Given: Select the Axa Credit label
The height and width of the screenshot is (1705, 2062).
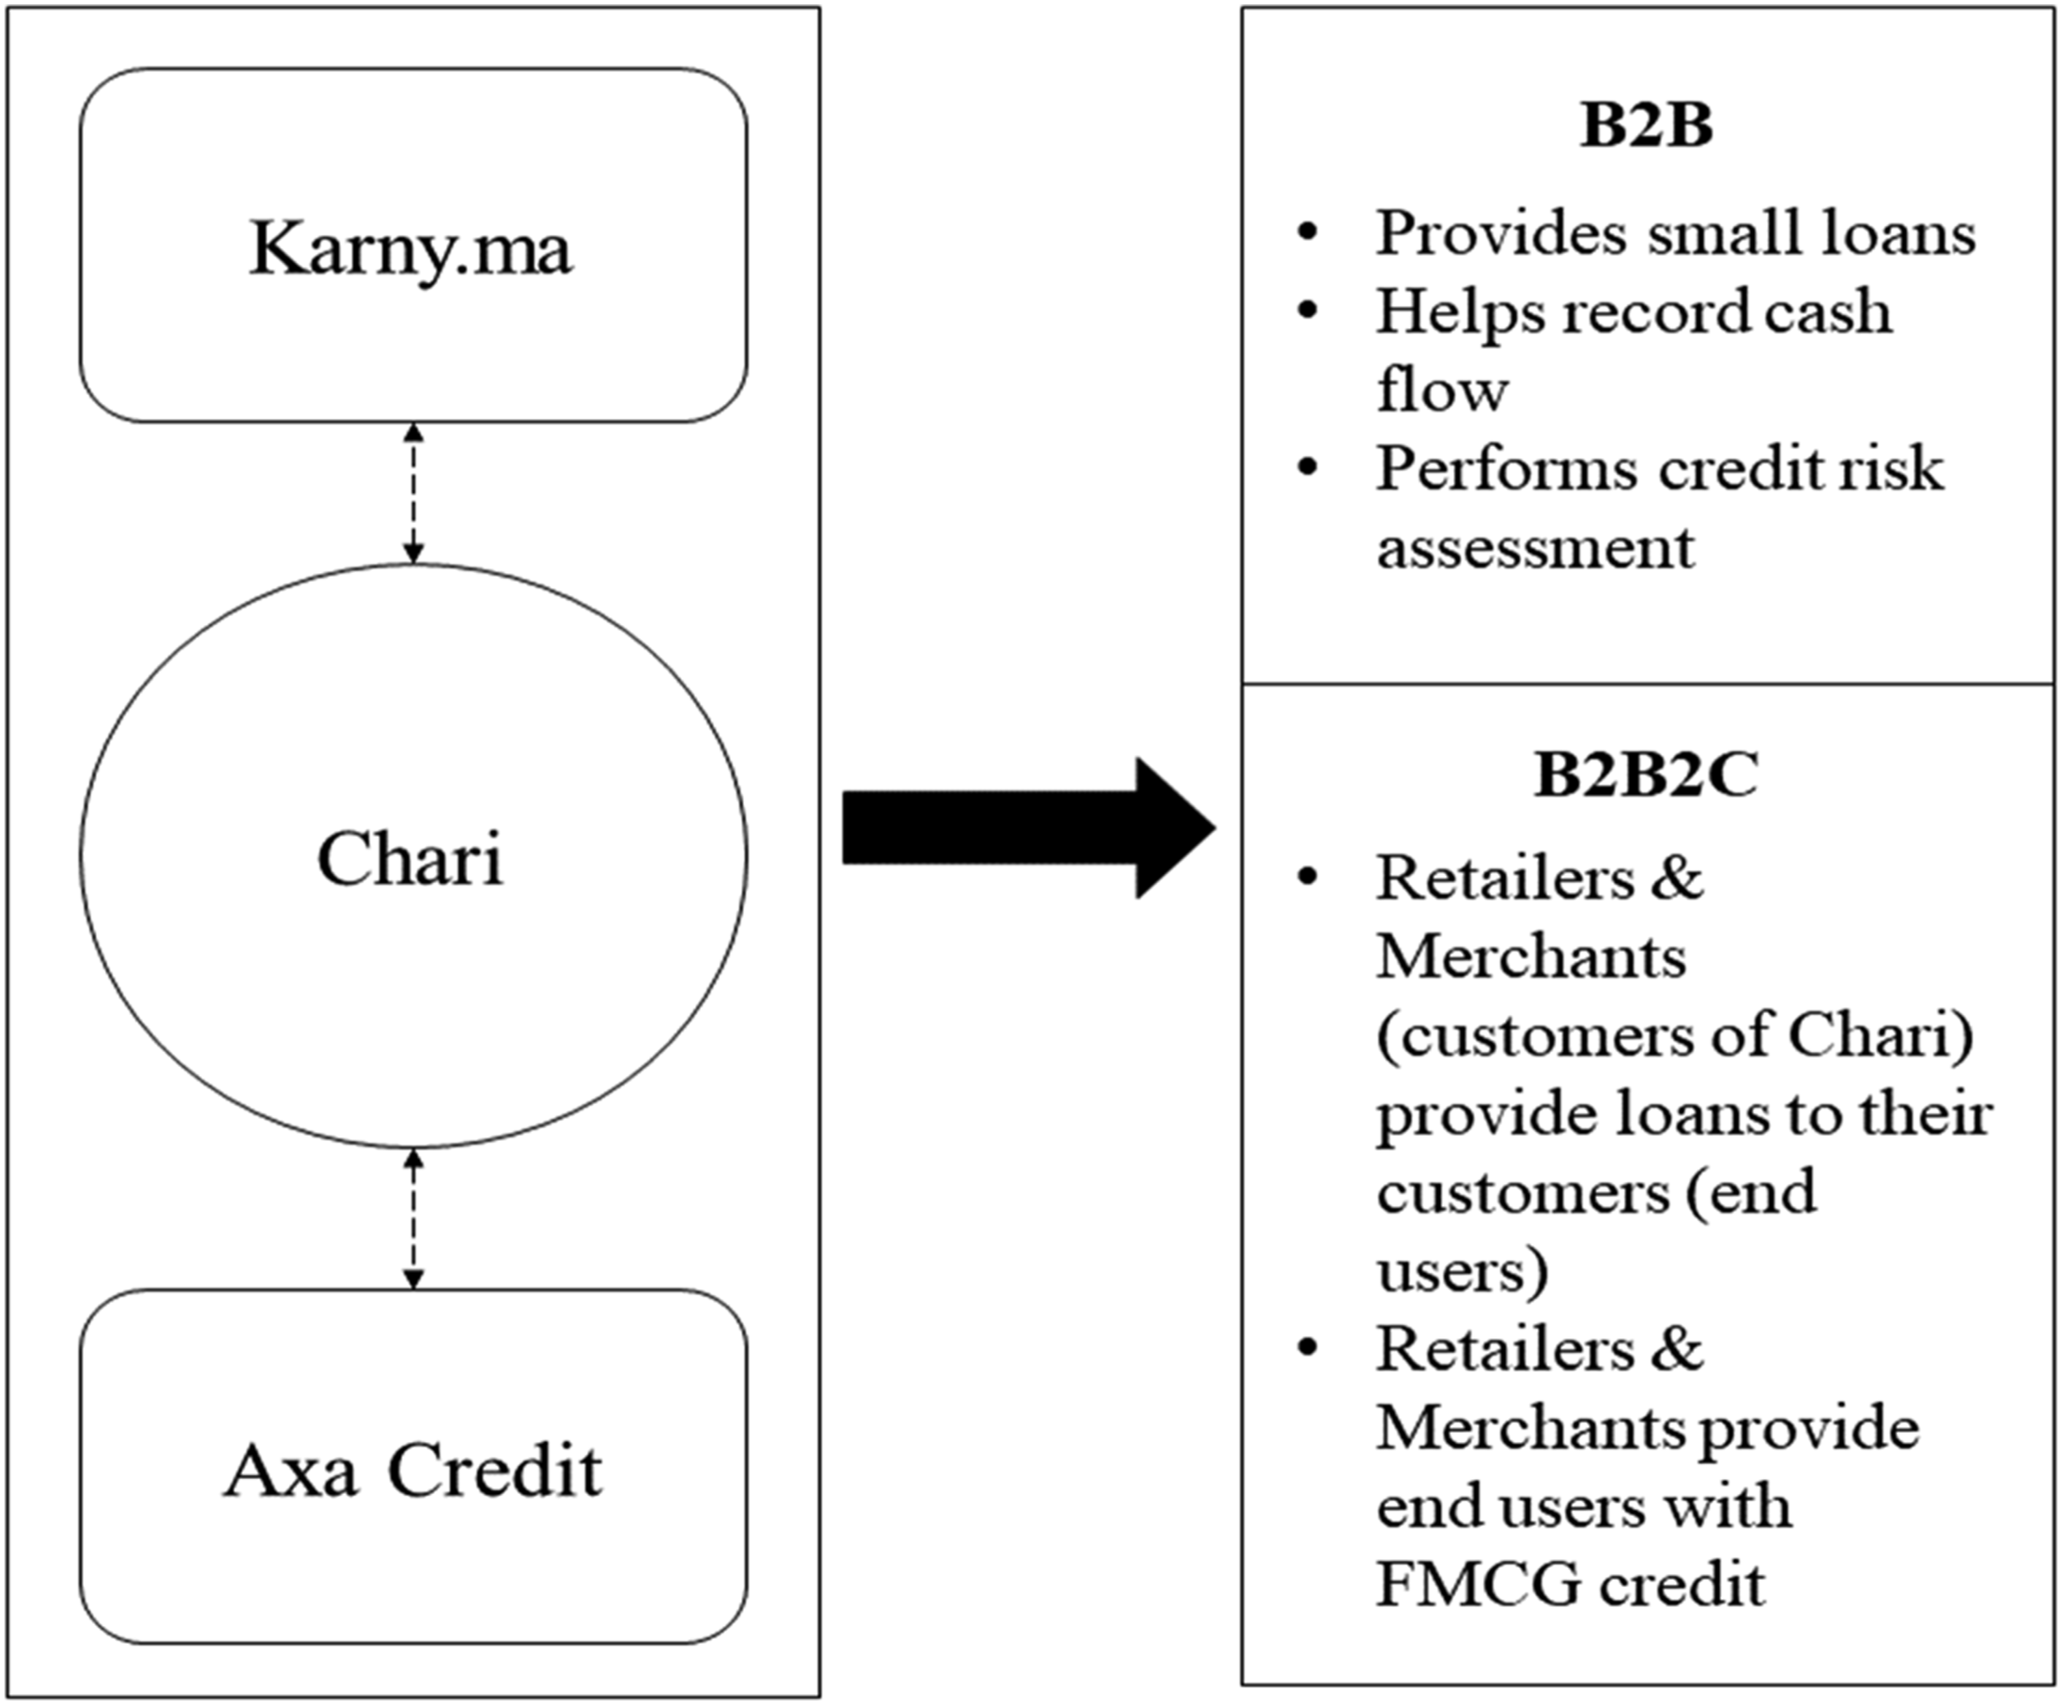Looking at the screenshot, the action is pyautogui.click(x=412, y=1470).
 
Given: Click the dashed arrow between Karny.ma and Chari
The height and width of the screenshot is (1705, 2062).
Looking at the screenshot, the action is pyautogui.click(x=414, y=493).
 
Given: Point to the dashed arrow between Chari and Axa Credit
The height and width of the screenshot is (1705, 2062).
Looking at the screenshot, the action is pyautogui.click(x=414, y=1218).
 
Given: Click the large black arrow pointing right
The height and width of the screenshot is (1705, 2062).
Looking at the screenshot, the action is pyautogui.click(x=1029, y=828).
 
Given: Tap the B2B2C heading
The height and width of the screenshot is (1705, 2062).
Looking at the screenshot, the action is pyautogui.click(x=1647, y=775).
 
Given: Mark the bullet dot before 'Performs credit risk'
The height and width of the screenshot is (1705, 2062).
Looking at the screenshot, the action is pyautogui.click(x=1307, y=467).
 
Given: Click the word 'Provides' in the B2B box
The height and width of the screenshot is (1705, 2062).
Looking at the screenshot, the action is pyautogui.click(x=1502, y=234).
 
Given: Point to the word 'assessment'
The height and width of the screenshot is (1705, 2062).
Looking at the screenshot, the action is pyautogui.click(x=1535, y=548).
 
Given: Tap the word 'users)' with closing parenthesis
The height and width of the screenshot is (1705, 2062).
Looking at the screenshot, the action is pyautogui.click(x=1463, y=1270).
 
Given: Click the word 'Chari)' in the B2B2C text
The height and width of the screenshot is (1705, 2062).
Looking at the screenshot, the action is pyautogui.click(x=1882, y=1036).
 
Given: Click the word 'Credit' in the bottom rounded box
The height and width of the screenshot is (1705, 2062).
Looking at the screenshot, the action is pyautogui.click(x=494, y=1470).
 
